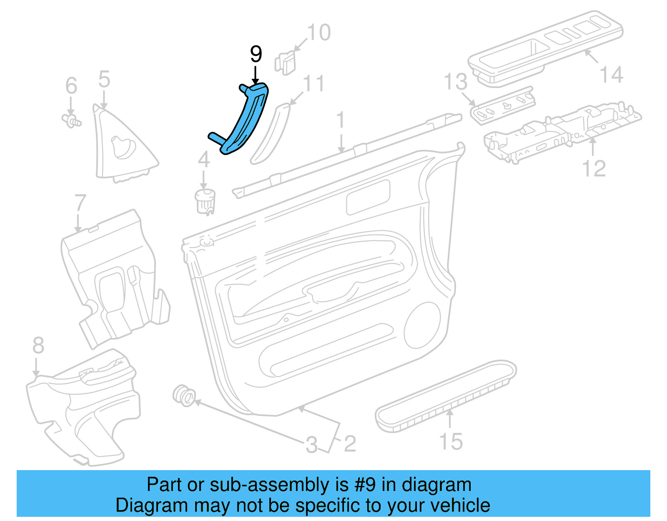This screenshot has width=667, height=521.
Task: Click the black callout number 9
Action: [x=256, y=54]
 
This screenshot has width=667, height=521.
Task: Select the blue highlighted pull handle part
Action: [x=246, y=121]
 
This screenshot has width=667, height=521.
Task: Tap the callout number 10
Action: [x=319, y=33]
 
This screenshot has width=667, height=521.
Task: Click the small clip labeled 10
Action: [x=285, y=63]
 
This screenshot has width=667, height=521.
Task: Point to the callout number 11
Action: [x=313, y=84]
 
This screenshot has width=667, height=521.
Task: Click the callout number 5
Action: [x=104, y=79]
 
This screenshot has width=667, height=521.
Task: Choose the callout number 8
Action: [x=38, y=346]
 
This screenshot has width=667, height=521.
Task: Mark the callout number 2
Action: [x=350, y=444]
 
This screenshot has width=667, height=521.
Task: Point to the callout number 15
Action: [x=451, y=441]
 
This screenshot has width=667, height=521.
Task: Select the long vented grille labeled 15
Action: [x=446, y=396]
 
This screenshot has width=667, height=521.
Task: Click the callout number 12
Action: [x=594, y=169]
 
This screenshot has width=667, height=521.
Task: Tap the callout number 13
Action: [x=455, y=82]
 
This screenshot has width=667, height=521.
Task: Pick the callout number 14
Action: [x=611, y=75]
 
